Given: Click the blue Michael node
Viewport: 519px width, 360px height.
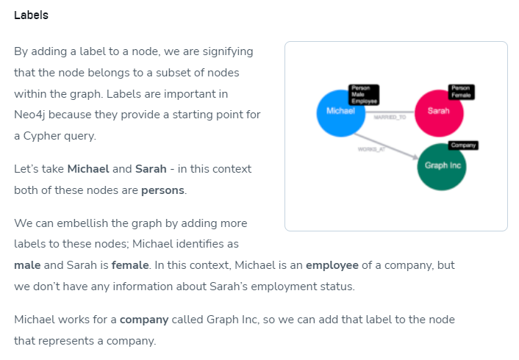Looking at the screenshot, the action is pyautogui.click(x=339, y=112).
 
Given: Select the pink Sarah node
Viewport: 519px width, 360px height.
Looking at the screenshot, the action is pyautogui.click(x=438, y=112).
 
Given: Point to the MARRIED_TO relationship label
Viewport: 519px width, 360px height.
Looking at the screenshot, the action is pyautogui.click(x=390, y=118).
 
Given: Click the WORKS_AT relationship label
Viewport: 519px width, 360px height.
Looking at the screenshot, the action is pyautogui.click(x=371, y=149).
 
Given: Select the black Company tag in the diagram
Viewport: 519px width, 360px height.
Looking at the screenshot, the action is pyautogui.click(x=462, y=145).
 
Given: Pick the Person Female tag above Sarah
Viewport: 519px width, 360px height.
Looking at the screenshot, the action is pyautogui.click(x=462, y=92).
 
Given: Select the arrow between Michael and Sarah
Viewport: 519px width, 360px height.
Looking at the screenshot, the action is pyautogui.click(x=390, y=112).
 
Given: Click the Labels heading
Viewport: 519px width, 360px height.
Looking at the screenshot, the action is pyautogui.click(x=31, y=15).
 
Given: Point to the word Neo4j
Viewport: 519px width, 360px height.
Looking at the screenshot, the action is pyautogui.click(x=31, y=115).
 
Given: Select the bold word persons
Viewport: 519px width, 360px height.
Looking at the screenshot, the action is pyautogui.click(x=164, y=190).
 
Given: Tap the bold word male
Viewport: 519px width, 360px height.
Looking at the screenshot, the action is pyautogui.click(x=27, y=265).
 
